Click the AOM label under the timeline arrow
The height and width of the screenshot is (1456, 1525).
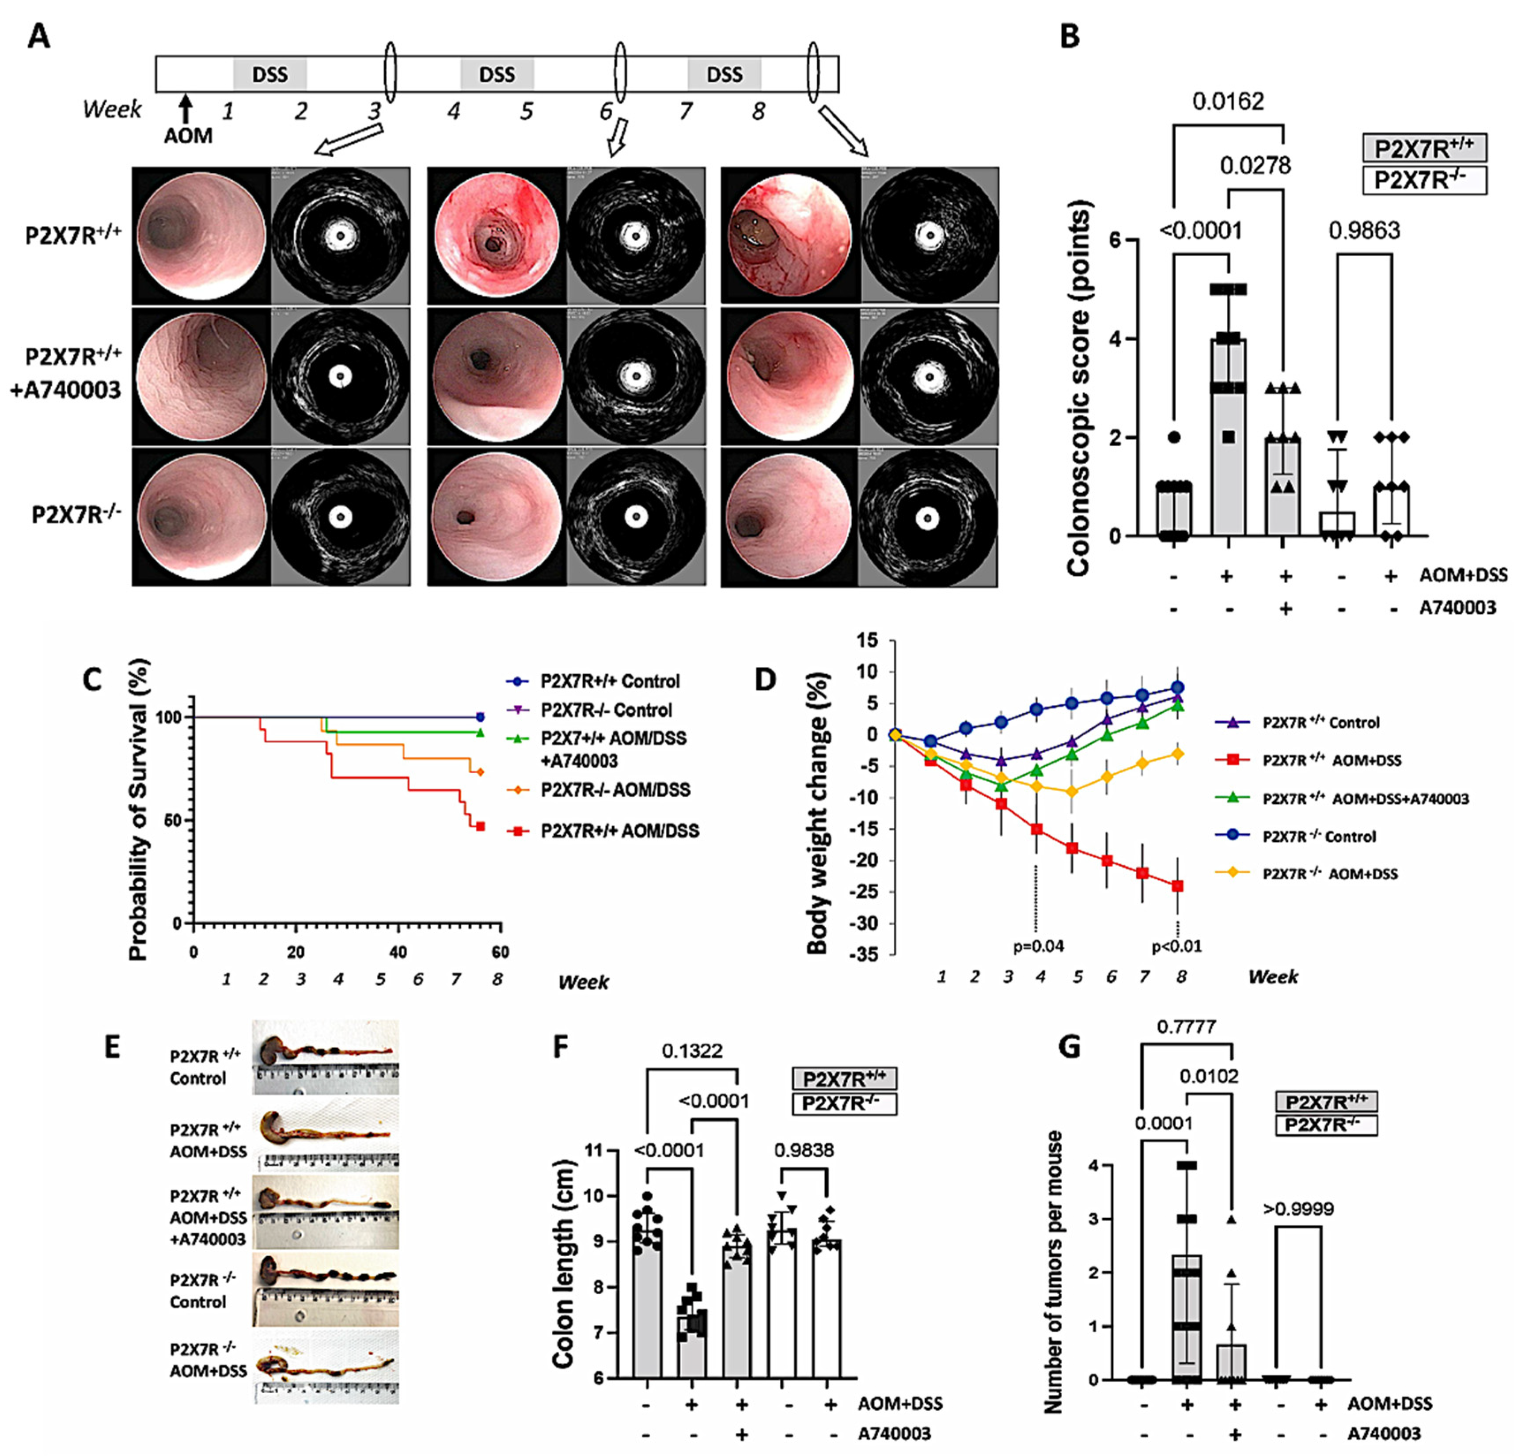[x=188, y=136]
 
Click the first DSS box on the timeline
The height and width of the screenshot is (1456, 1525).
[x=269, y=75]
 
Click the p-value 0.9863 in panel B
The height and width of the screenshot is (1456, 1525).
[x=1364, y=231]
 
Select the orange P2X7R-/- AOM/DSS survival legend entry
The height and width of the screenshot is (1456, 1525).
[x=615, y=790]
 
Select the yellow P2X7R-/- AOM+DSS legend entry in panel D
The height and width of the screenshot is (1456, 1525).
[x=1329, y=874]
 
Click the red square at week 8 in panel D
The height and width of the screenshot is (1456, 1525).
[x=1177, y=886]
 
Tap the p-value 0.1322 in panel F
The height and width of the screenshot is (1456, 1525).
[x=691, y=1051]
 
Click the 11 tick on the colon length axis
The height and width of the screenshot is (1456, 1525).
[x=595, y=1150]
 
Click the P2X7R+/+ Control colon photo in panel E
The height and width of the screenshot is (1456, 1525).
[x=325, y=1057]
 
